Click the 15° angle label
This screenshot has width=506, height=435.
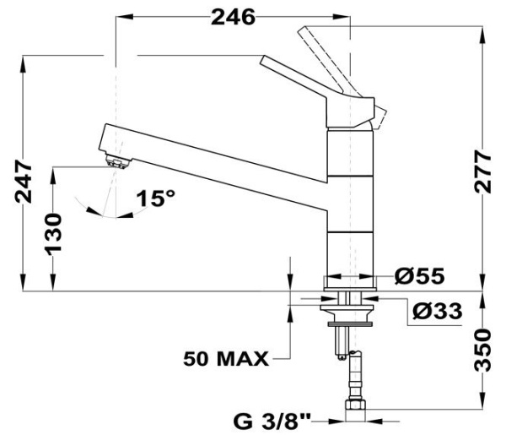157,199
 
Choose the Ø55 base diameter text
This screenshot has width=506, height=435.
419,275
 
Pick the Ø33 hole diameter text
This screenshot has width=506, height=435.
437,312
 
